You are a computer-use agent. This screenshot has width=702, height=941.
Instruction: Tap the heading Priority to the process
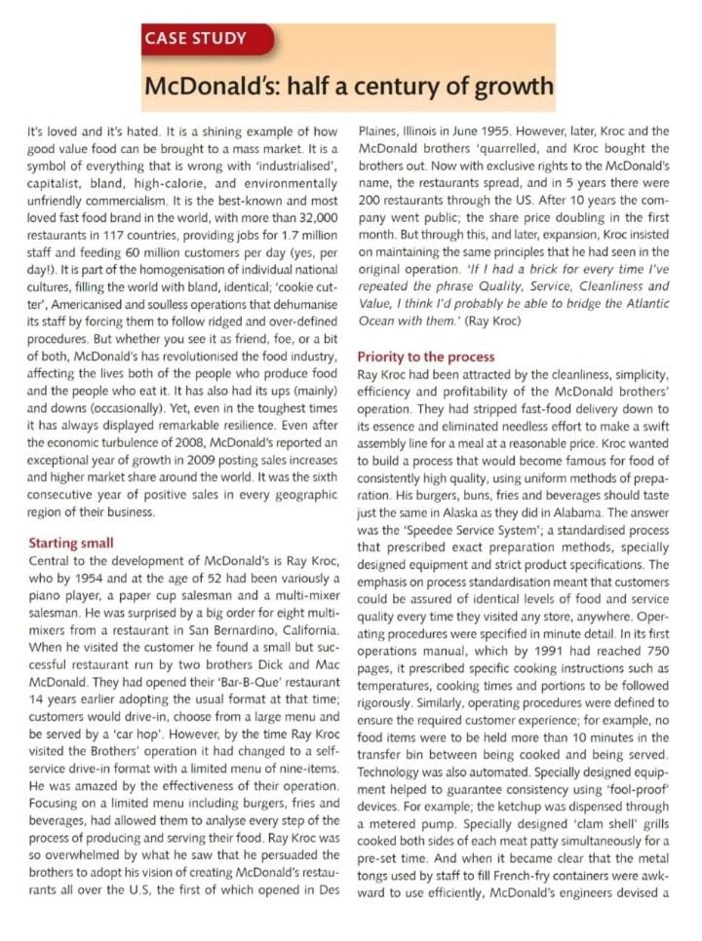click(425, 357)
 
